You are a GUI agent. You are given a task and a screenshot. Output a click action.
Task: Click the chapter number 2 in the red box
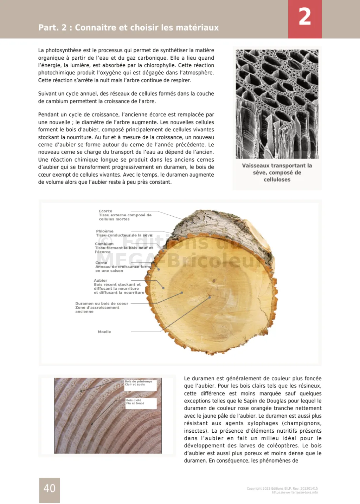305,17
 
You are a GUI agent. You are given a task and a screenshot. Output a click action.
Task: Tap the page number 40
50,488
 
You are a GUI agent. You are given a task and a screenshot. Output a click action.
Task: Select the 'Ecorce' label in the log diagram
105,211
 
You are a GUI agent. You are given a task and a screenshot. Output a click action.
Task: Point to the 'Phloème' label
105,231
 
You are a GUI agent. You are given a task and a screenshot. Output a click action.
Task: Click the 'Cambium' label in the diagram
104,244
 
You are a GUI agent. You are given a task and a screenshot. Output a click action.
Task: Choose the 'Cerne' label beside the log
101,263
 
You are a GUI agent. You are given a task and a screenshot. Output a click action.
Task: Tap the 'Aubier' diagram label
101,281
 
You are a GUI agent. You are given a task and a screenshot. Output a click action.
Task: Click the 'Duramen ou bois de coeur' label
102,303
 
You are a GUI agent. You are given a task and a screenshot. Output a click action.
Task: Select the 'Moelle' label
104,332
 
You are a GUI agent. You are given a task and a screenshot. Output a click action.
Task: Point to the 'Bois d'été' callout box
135,401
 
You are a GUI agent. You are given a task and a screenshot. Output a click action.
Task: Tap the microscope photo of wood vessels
277,104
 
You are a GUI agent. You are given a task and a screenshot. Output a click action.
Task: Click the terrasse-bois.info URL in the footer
295,492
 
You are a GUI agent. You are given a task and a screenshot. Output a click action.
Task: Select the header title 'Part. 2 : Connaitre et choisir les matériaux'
128,27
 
